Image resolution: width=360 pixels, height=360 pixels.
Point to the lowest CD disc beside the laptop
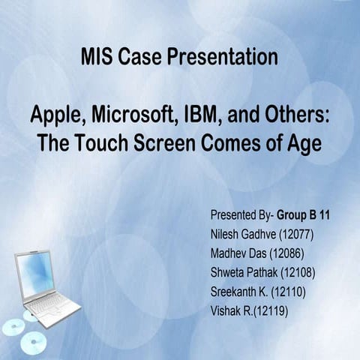pyautogui.click(x=34, y=342)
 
